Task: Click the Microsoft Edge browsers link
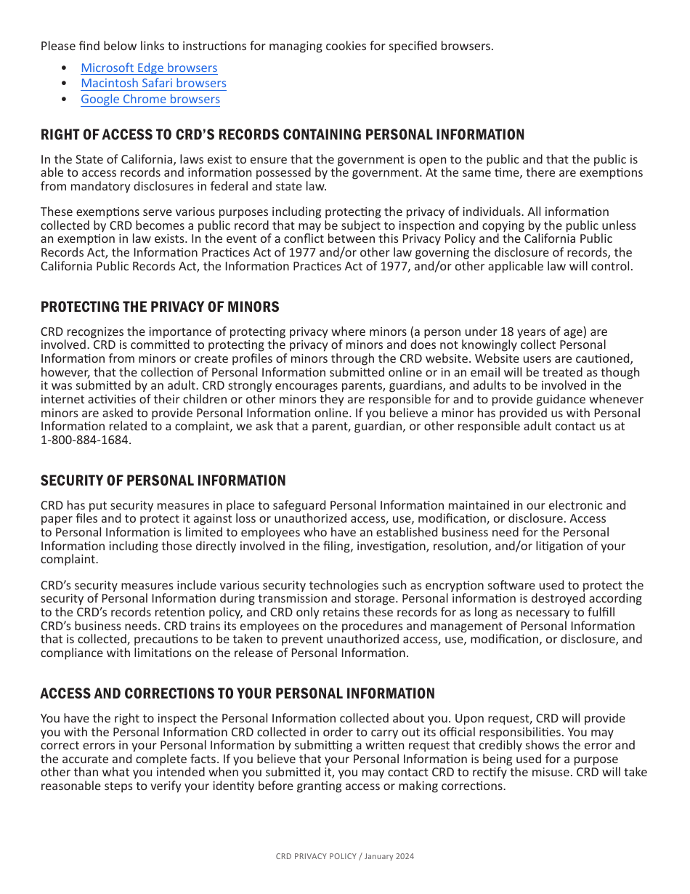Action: tap(149, 68)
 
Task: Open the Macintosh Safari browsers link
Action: tap(153, 83)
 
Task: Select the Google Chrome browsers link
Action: tap(150, 99)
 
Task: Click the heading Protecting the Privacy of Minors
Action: tap(160, 307)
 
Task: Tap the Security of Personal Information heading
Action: tap(163, 480)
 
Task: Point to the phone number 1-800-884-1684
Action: tap(86, 440)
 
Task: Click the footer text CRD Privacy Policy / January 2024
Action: tap(344, 857)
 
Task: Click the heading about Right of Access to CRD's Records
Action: tap(282, 134)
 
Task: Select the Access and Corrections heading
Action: tap(238, 693)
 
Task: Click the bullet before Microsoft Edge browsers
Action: tap(65, 68)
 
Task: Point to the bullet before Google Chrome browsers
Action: tap(65, 99)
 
